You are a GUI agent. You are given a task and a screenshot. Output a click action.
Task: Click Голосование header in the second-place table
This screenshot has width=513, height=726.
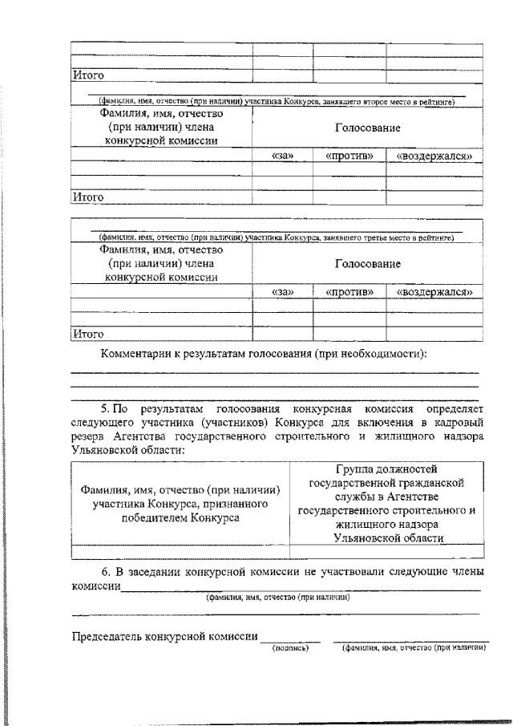pos(368,128)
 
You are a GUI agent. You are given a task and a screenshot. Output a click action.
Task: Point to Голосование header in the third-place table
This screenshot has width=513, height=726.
pos(368,264)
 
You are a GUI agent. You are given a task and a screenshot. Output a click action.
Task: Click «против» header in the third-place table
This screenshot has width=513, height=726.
pos(349,292)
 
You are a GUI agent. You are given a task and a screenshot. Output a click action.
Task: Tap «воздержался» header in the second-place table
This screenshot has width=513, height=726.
pos(434,156)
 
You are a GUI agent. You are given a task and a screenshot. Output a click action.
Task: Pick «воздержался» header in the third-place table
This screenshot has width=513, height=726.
pos(434,292)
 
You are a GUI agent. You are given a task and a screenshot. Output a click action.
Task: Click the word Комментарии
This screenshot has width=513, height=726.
pos(135,354)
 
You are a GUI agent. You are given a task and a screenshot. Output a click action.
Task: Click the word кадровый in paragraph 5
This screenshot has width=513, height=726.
pos(456,422)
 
